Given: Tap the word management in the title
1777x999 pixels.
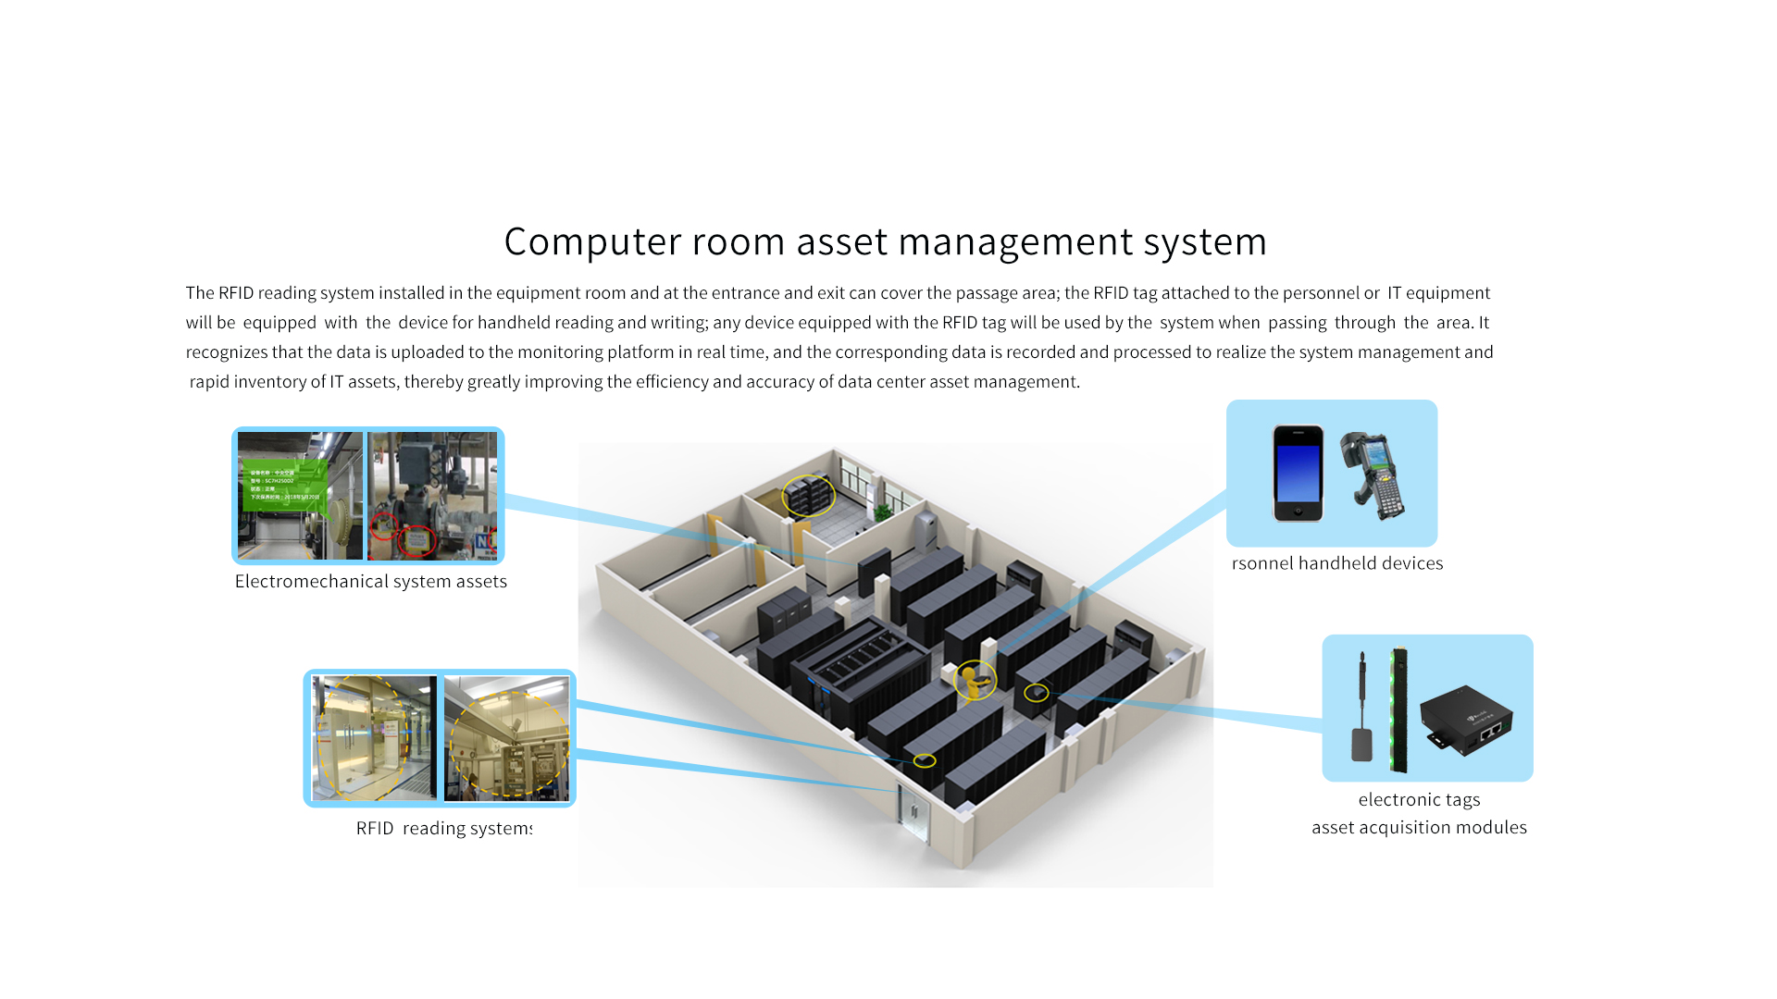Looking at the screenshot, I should point(1015,242).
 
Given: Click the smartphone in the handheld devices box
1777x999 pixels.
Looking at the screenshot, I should point(1298,474).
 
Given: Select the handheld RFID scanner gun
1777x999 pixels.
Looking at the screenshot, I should point(1374,474).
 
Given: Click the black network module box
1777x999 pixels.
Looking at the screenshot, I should point(1467,720).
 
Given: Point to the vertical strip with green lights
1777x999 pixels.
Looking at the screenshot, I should point(1398,710).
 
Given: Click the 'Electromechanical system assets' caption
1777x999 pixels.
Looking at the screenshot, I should point(370,582).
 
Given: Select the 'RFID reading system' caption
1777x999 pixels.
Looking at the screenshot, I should point(443,828).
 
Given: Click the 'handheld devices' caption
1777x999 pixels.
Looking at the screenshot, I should point(1337,563).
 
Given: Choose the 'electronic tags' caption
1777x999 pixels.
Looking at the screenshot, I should point(1419,800).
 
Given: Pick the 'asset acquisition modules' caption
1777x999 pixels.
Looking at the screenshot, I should point(1419,828).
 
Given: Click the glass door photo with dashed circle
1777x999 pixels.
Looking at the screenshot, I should point(373,737).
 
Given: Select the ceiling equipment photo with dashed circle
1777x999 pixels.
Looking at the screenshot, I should point(506,737).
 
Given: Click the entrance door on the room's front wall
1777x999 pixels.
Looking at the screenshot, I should point(913,812).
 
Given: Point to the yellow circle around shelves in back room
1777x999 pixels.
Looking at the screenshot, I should point(808,496).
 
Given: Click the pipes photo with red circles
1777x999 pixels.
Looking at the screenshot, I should point(432,496).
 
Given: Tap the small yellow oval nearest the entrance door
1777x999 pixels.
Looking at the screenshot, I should point(925,761).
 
